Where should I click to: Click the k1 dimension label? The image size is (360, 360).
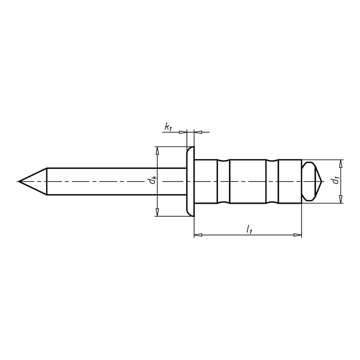click(x=168, y=127)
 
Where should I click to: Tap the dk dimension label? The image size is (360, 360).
click(x=152, y=180)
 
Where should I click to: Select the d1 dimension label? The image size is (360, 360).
click(x=336, y=180)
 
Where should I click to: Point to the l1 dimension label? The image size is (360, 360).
click(x=249, y=229)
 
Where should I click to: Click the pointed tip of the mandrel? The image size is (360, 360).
click(x=19, y=181)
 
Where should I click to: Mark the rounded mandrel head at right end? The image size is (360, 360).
click(x=312, y=181)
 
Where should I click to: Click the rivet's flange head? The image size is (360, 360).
click(x=190, y=181)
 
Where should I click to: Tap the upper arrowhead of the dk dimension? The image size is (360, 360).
click(x=157, y=151)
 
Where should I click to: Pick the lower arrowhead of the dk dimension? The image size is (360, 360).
click(x=157, y=212)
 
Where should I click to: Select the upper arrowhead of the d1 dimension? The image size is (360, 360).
click(x=341, y=164)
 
